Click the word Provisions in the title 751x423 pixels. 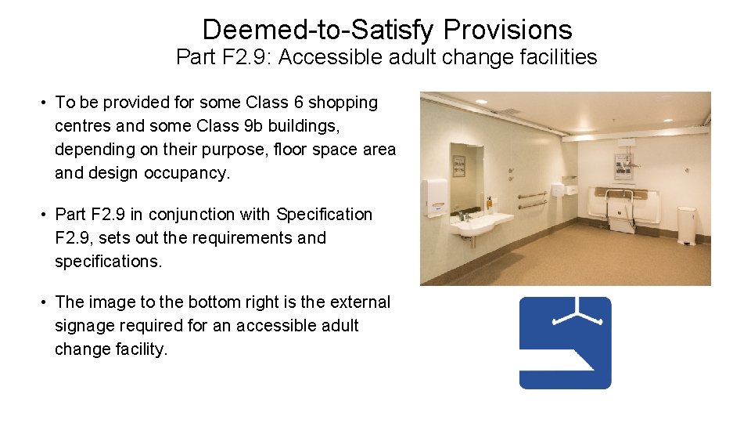coord(508,30)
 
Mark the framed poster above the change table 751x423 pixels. coord(623,164)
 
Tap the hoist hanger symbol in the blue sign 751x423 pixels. coord(578,313)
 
